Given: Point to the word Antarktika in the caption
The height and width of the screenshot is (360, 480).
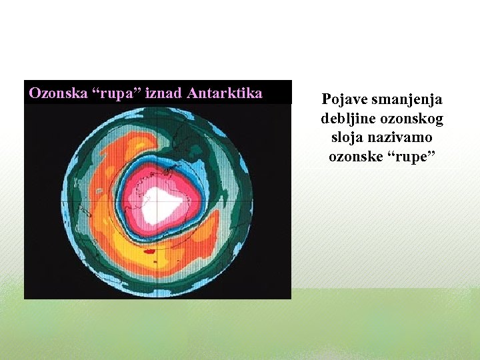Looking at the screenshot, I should point(225,93).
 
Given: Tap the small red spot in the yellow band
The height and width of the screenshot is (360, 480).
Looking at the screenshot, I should point(149,251).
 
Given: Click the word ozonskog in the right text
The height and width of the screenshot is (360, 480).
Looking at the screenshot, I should point(411,119).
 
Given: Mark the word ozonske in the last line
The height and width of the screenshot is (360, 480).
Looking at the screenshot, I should point(357,157).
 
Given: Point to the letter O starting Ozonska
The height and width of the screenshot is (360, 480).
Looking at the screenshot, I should point(35,93).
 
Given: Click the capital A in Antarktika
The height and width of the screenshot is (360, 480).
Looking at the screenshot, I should point(193,93).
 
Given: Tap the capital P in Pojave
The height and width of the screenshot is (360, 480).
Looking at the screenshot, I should point(327,100).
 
